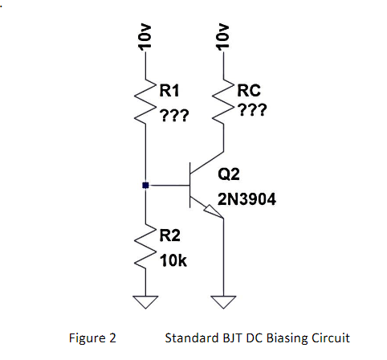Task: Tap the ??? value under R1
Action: pyautogui.click(x=173, y=117)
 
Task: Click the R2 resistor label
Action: pyautogui.click(x=170, y=235)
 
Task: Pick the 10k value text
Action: pyautogui.click(x=173, y=260)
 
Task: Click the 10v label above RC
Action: pyautogui.click(x=222, y=39)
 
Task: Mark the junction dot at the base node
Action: pyautogui.click(x=145, y=186)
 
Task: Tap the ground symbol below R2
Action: pyautogui.click(x=145, y=302)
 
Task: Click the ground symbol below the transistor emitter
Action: pyautogui.click(x=222, y=302)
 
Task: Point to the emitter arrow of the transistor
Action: pyautogui.click(x=212, y=211)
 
